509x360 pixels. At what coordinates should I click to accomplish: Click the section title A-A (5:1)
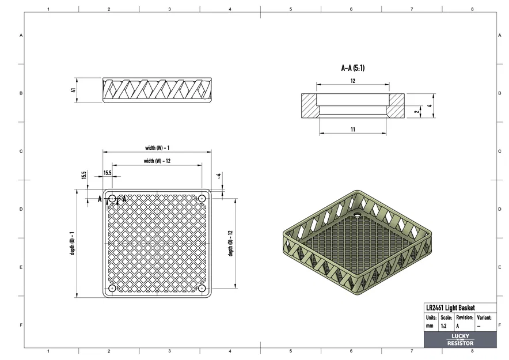(353, 68)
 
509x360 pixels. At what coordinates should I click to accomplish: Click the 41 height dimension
(73, 90)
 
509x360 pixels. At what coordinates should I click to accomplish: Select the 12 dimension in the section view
(353, 81)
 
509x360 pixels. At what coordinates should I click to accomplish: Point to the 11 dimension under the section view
(353, 130)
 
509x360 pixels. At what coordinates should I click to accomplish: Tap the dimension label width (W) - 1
(157, 148)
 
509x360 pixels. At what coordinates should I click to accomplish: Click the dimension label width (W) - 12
(157, 161)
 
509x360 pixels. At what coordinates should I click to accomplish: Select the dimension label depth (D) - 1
(72, 243)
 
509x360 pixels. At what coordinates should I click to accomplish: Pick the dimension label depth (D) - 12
(230, 243)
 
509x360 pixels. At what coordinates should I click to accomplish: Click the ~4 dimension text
(219, 176)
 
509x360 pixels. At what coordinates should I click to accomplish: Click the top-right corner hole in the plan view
(202, 198)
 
